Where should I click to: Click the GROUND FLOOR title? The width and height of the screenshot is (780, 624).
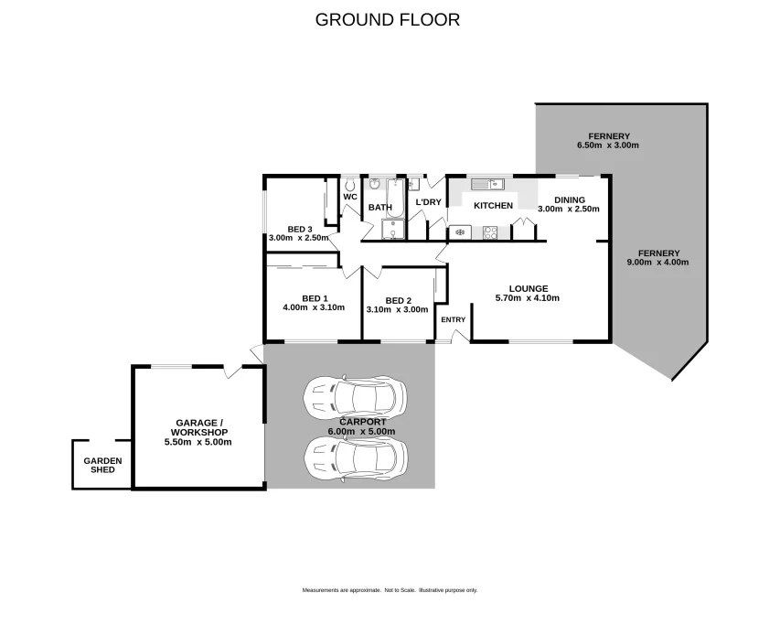[388, 19]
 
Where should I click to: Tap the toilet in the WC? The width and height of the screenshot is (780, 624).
[349, 186]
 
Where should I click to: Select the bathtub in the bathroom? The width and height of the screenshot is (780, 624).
[396, 198]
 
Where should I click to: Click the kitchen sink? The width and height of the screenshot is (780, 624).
[488, 184]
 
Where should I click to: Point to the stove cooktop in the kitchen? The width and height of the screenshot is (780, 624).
[490, 232]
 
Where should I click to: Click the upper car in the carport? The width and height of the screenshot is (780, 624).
[355, 396]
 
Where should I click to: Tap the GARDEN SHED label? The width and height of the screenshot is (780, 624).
[102, 466]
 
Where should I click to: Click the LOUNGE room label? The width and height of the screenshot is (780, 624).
[529, 288]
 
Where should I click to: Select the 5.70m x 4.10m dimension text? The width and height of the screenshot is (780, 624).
[528, 298]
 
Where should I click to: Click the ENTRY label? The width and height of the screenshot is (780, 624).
[454, 319]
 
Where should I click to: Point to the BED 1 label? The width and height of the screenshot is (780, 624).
[315, 298]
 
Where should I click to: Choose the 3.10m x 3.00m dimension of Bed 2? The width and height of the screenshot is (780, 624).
[397, 309]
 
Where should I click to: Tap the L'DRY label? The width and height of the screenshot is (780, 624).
[428, 202]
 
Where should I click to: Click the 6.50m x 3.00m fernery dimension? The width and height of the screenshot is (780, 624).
[608, 145]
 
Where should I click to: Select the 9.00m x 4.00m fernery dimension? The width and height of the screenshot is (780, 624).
[658, 263]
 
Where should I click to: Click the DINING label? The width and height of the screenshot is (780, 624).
[570, 200]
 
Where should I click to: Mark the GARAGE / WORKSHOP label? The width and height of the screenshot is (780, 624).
[199, 428]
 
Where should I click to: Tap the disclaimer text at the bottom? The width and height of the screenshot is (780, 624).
[390, 590]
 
